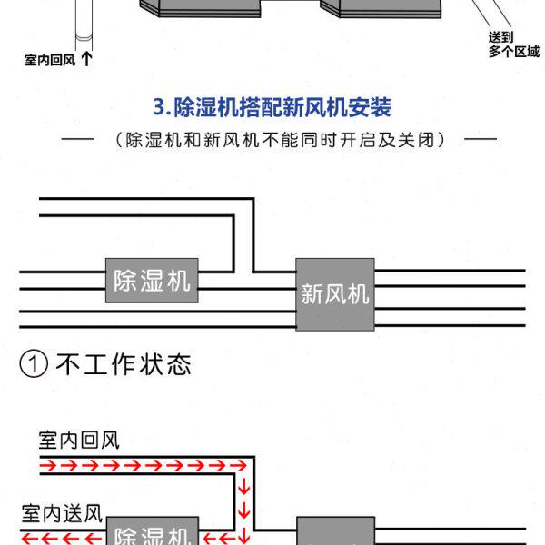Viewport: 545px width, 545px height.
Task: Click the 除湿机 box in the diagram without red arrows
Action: coord(152,280)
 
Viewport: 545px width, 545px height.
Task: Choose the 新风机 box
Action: coord(334,293)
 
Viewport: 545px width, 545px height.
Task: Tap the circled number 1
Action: coord(34,365)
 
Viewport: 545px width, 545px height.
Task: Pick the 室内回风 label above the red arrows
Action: coord(79,441)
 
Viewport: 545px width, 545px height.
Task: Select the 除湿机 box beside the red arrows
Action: coord(152,533)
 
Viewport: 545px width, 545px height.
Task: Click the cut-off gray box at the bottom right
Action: coord(335,531)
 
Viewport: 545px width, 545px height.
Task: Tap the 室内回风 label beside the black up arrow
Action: coord(50,61)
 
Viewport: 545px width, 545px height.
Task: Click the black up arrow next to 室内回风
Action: coord(86,60)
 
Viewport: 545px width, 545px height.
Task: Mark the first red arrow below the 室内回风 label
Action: coord(46,466)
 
